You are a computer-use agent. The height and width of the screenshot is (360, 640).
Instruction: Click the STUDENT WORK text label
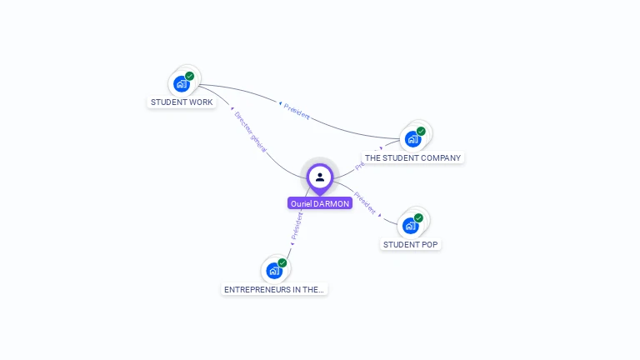click(182, 102)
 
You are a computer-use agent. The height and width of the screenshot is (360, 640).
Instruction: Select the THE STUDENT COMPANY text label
click(412, 157)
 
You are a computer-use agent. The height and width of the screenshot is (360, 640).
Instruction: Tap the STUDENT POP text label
click(410, 244)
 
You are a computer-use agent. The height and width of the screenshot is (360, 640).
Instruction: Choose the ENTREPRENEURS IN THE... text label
click(275, 289)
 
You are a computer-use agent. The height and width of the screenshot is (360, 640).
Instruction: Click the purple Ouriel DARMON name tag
click(320, 203)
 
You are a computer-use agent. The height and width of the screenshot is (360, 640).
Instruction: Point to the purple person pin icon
click(320, 177)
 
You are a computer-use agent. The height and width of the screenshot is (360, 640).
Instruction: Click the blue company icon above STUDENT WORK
click(181, 83)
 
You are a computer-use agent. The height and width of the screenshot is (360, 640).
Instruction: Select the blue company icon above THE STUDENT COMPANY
click(412, 138)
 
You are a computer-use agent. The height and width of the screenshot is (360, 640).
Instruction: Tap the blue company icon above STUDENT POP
click(409, 225)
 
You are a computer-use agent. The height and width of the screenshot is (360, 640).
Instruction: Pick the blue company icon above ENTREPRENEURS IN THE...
click(273, 270)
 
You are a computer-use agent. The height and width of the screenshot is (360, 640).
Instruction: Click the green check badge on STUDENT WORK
click(190, 76)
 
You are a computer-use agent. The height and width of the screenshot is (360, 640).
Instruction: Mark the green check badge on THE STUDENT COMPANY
click(421, 131)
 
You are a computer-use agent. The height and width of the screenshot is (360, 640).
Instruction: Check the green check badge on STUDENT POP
click(418, 217)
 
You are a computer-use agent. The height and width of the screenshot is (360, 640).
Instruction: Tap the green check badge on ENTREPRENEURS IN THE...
click(282, 262)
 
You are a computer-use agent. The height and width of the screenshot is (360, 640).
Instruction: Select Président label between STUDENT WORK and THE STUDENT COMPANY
click(296, 112)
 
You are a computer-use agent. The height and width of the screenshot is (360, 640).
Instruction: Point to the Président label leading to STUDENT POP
click(366, 203)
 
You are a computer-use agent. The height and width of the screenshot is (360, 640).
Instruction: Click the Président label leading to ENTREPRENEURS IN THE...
click(297, 227)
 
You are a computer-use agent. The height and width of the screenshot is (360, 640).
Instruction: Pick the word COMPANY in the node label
click(441, 157)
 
